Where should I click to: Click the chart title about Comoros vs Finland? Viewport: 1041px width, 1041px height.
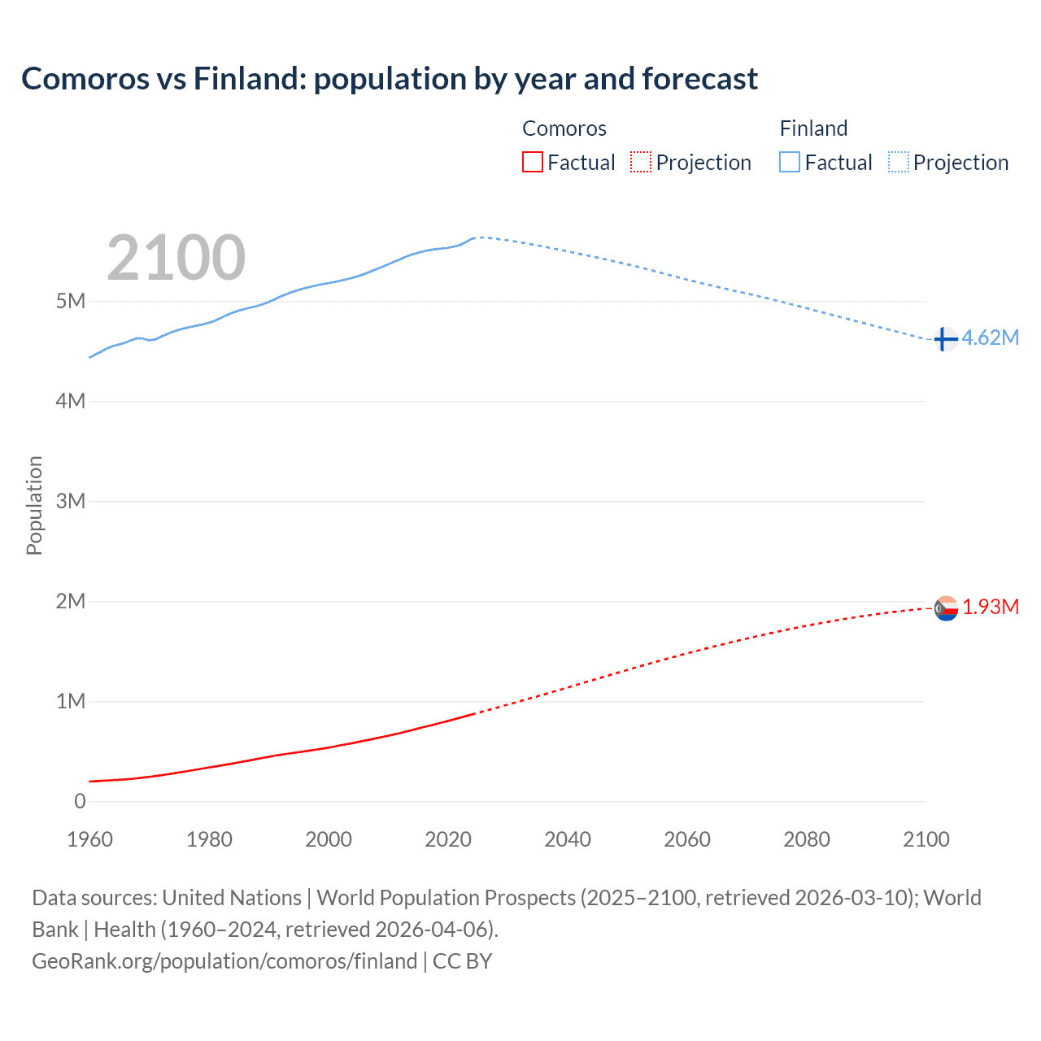(390, 79)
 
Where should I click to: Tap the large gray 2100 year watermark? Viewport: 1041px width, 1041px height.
(176, 258)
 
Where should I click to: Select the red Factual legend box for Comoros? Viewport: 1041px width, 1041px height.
(532, 163)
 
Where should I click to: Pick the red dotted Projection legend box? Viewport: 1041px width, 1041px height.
(641, 163)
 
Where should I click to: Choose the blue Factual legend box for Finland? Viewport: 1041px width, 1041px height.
(790, 163)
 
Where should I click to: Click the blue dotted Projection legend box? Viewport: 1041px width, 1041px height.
(899, 163)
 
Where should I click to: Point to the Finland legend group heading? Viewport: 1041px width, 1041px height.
(813, 128)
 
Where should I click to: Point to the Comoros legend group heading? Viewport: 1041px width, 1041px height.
(564, 128)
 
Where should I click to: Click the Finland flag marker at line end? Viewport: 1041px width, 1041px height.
(944, 339)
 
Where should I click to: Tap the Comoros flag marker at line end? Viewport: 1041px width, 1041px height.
(946, 608)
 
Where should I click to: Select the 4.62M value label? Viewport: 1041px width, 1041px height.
(991, 338)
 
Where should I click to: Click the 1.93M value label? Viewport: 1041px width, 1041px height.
(991, 608)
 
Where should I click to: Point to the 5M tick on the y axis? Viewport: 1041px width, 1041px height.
(71, 302)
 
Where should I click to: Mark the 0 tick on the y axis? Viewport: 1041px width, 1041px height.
(80, 802)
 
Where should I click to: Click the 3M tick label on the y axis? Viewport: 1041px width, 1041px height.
(71, 502)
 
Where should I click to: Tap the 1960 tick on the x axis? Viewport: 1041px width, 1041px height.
(89, 839)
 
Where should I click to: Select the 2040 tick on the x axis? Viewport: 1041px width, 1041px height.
(568, 839)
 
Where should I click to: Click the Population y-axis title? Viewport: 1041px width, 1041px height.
(34, 505)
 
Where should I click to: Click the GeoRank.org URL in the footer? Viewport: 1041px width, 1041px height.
(224, 961)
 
